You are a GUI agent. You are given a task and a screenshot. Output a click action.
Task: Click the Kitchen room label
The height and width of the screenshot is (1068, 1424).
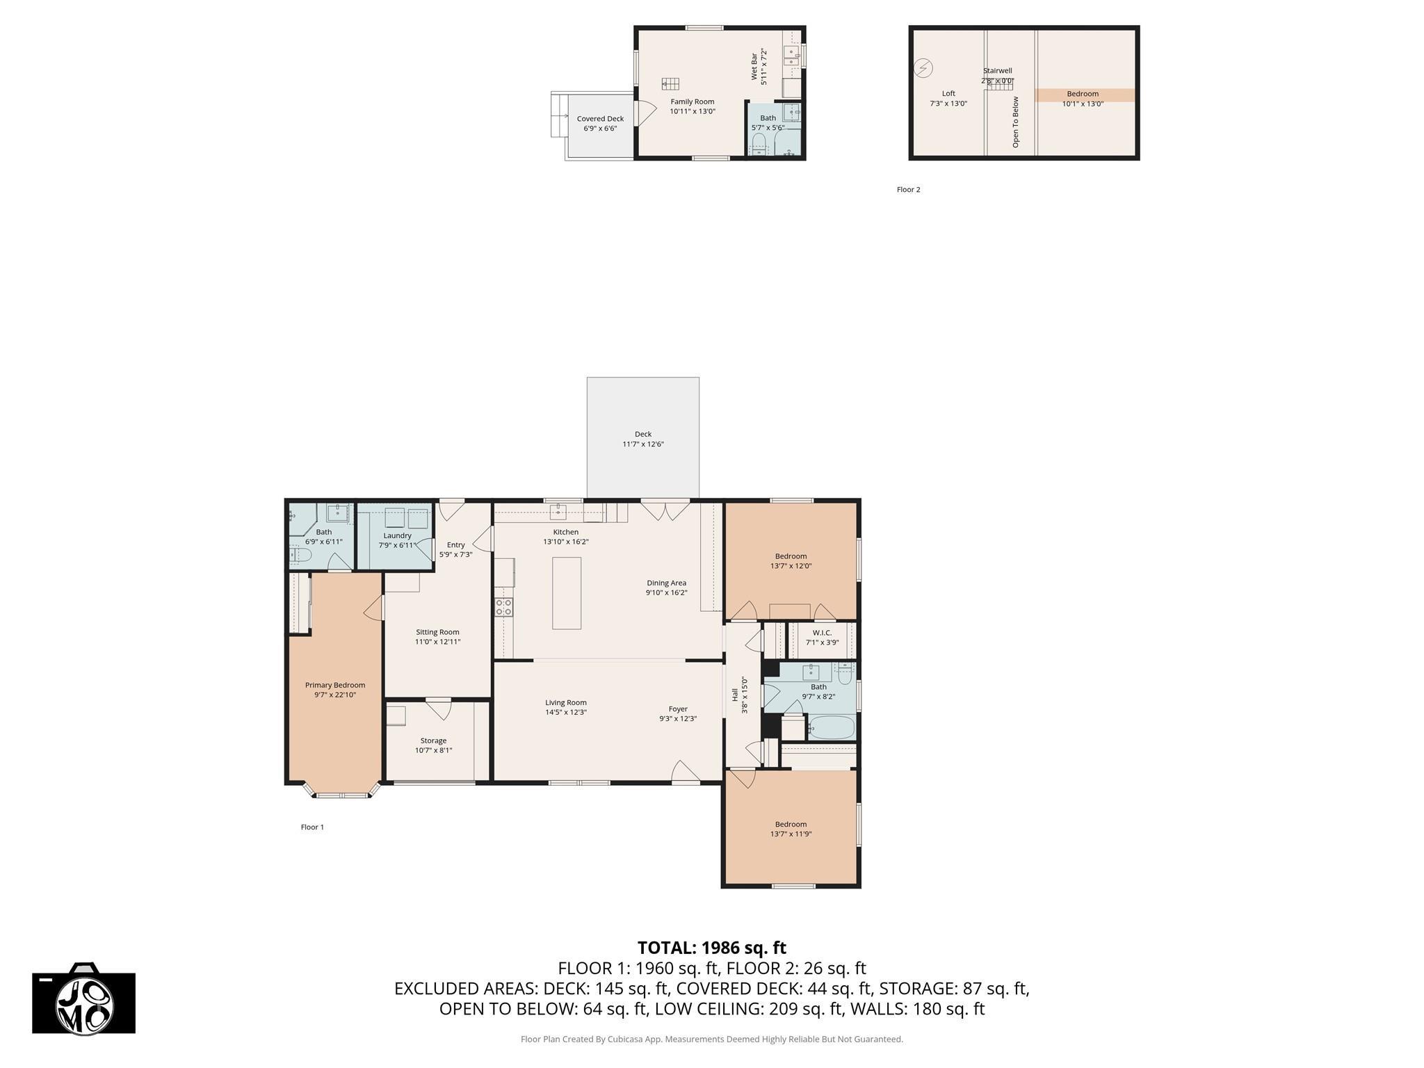(x=565, y=537)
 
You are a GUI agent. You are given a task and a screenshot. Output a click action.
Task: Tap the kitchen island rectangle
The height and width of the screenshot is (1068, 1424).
(x=566, y=593)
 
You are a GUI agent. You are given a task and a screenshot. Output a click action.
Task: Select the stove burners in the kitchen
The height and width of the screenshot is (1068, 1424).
(x=503, y=607)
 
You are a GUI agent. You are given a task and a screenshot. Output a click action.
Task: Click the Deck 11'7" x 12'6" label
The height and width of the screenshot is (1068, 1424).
(x=642, y=439)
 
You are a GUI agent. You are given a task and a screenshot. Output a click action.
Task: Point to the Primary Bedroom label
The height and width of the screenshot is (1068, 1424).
(x=334, y=690)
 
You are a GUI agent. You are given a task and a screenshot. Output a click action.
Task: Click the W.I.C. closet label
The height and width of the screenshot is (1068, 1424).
(x=822, y=637)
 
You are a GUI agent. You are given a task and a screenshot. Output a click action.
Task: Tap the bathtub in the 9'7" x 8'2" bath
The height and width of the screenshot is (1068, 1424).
(x=831, y=728)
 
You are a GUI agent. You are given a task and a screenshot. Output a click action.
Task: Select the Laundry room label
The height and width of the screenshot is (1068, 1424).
(x=397, y=540)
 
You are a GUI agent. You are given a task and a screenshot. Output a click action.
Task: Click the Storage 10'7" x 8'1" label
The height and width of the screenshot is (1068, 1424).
(x=433, y=745)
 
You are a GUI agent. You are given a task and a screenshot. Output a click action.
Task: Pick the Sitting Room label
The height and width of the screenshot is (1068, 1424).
(x=437, y=637)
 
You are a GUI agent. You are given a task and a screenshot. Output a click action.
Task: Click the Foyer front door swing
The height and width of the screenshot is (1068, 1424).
(x=685, y=771)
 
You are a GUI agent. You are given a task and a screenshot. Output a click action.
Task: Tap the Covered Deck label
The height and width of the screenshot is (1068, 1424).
(x=600, y=123)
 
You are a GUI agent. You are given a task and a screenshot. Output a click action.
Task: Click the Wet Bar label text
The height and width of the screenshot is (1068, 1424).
(x=758, y=67)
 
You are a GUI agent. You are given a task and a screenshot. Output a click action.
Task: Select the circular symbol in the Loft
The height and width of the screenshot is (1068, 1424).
(x=923, y=68)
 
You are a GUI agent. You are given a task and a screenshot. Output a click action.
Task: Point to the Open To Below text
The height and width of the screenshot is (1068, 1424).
(x=1015, y=122)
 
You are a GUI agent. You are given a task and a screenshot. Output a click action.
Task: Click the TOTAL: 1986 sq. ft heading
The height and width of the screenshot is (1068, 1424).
(x=711, y=948)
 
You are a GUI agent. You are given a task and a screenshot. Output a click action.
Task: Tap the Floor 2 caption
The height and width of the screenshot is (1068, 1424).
(x=908, y=189)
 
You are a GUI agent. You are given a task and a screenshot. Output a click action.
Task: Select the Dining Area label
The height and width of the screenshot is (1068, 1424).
(x=666, y=588)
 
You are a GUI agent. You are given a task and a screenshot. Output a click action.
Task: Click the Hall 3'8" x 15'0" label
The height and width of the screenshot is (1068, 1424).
(x=739, y=695)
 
